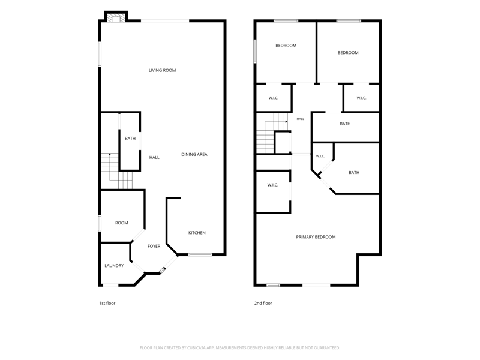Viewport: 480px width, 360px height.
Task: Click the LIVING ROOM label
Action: (x=162, y=70)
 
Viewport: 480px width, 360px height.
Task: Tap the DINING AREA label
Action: (x=194, y=155)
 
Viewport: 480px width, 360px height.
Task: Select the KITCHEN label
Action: (x=197, y=233)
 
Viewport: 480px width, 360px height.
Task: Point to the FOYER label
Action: (x=154, y=247)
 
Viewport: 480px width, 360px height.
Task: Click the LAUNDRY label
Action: (x=114, y=266)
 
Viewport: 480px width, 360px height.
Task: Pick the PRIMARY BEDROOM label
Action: (x=316, y=237)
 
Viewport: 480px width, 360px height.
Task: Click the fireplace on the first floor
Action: (x=116, y=18)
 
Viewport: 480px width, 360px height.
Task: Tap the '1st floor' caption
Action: (x=107, y=303)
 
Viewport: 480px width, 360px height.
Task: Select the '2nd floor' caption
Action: (x=263, y=303)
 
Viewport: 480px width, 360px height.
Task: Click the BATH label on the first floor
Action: (x=130, y=139)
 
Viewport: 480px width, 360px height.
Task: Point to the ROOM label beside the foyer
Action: (x=122, y=223)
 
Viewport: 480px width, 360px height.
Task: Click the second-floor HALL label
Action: (x=301, y=119)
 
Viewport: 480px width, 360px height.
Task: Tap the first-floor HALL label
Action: (x=154, y=157)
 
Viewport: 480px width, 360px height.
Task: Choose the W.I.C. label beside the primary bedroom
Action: (x=272, y=185)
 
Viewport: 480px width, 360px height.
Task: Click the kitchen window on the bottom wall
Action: (x=200, y=254)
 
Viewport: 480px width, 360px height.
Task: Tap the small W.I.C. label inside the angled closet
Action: (x=320, y=156)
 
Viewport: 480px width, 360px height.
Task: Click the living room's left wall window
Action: (x=100, y=54)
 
